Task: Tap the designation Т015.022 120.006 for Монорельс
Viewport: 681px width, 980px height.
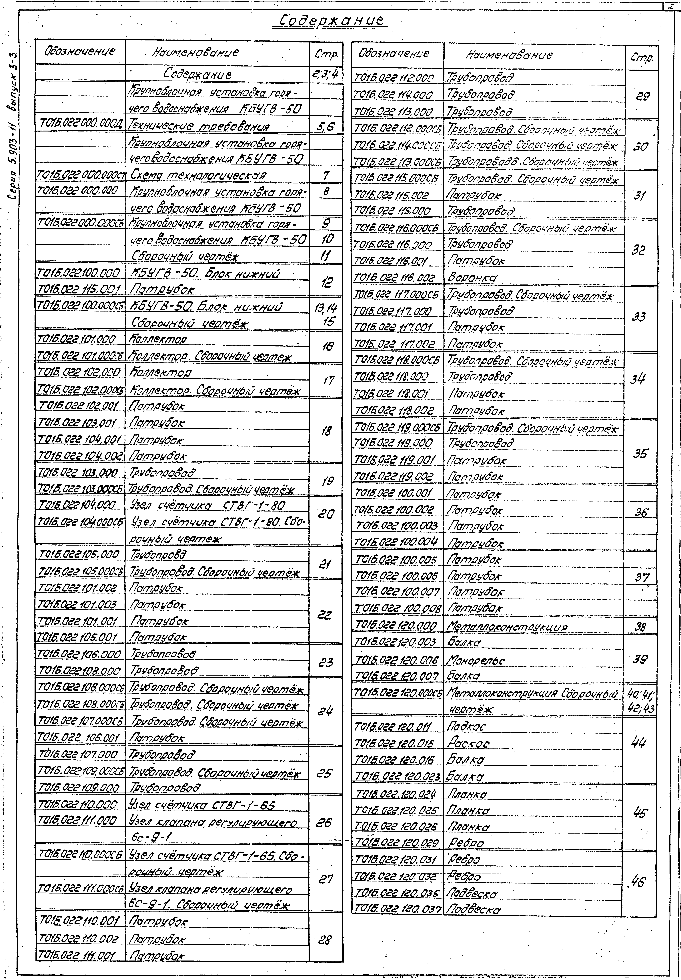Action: pos(397,660)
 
